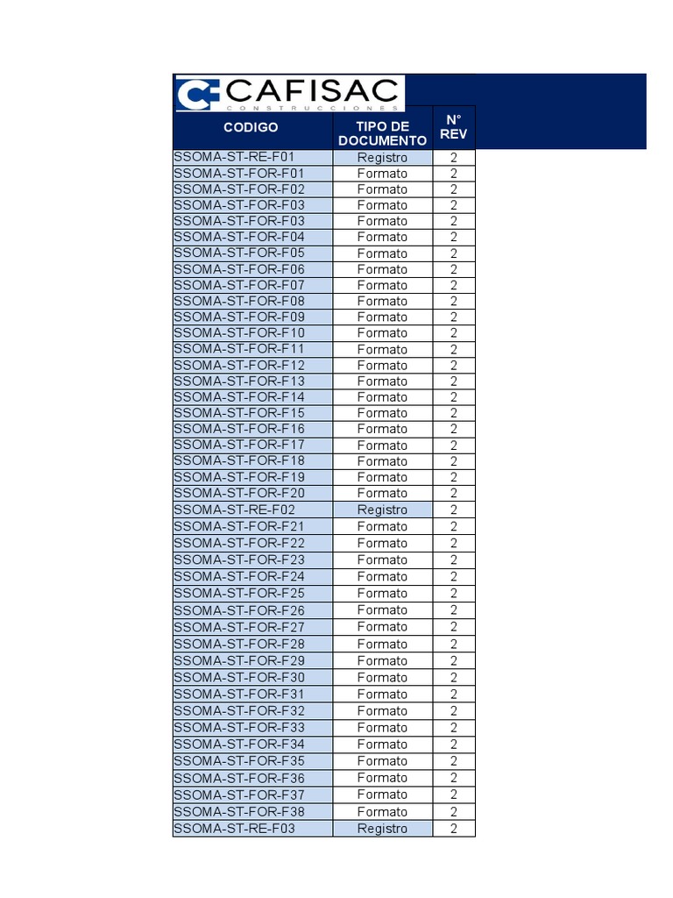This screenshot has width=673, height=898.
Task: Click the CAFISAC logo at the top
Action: [288, 93]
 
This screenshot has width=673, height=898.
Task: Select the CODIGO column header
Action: [251, 127]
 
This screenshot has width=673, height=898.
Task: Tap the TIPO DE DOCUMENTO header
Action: [382, 133]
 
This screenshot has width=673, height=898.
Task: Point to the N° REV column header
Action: [453, 127]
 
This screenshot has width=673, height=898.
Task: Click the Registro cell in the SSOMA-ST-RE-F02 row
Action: [382, 510]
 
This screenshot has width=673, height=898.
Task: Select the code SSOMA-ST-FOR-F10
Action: [239, 332]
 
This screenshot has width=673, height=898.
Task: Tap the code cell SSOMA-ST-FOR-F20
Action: [239, 493]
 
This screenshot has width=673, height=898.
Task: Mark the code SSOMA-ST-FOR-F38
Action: [239, 811]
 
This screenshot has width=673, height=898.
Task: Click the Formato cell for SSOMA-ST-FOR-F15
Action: [382, 413]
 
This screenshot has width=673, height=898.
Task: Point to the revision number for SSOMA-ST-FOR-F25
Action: [454, 594]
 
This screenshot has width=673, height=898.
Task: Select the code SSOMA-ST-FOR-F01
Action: [239, 173]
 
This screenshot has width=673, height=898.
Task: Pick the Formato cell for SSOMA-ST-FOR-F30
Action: [382, 677]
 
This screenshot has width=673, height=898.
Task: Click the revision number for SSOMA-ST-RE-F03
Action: [454, 828]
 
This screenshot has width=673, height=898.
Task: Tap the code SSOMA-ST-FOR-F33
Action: [239, 727]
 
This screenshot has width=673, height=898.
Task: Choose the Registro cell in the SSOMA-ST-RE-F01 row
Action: [382, 158]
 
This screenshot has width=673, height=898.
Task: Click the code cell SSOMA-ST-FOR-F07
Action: [239, 285]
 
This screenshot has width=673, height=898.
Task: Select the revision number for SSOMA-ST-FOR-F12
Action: [454, 365]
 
